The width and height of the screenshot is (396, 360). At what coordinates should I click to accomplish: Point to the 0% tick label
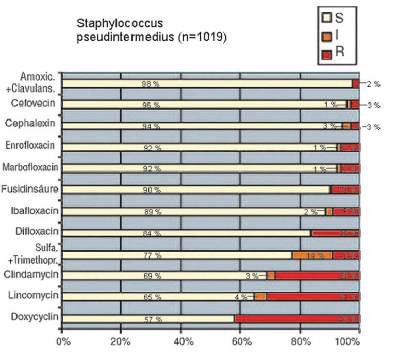pos(62,341)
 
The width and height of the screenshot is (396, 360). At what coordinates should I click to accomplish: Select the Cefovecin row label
pos(34,103)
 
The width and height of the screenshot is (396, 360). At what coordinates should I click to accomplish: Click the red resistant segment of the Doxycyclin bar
pos(297,319)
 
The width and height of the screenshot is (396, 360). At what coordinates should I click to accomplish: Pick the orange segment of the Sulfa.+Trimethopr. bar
pos(312,255)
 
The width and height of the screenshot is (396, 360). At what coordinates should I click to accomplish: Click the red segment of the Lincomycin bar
pos(312,297)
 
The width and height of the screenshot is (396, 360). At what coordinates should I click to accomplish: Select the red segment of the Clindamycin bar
pos(317,276)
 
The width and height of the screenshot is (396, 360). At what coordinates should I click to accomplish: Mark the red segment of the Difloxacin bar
pos(335,233)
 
